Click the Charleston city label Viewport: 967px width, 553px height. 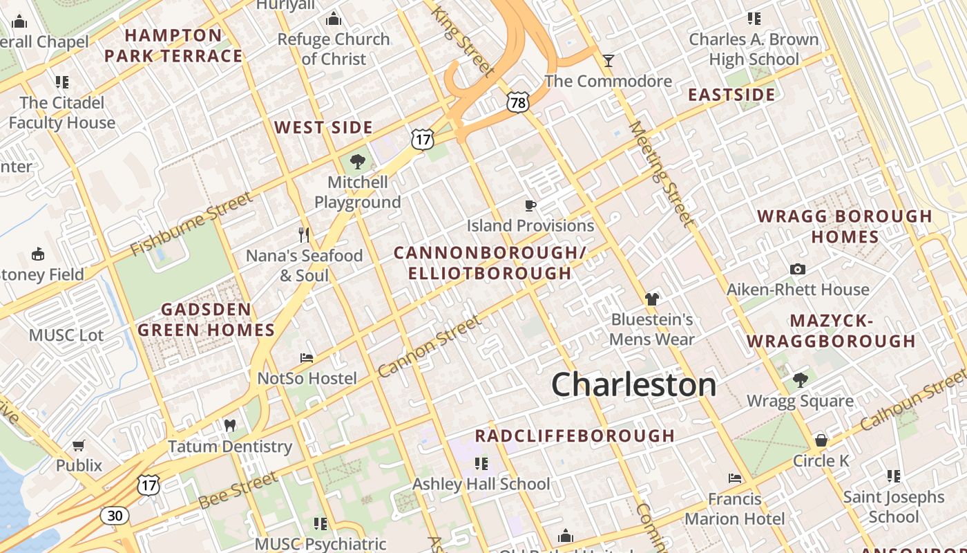(633, 384)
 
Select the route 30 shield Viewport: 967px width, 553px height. (114, 515)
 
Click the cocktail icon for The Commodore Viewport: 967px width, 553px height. (608, 61)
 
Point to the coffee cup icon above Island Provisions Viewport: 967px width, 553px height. (530, 205)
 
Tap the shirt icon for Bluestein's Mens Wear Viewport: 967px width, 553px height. (652, 299)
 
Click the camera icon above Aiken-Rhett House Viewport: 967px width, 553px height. (798, 270)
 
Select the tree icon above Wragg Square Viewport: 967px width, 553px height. (801, 380)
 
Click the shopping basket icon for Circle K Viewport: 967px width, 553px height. (821, 440)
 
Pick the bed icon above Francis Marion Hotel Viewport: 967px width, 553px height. (735, 478)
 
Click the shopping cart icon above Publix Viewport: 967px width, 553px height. (79, 445)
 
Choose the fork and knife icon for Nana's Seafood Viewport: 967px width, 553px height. (304, 235)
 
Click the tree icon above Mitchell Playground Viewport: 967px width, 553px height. (357, 162)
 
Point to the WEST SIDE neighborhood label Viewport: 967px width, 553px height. (323, 128)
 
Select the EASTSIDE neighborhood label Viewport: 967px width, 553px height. (731, 95)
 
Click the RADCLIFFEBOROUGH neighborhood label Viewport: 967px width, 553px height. (575, 435)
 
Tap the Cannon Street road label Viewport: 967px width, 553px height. (429, 346)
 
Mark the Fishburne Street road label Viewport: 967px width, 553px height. (191, 224)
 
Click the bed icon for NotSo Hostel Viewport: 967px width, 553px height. (307, 358)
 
